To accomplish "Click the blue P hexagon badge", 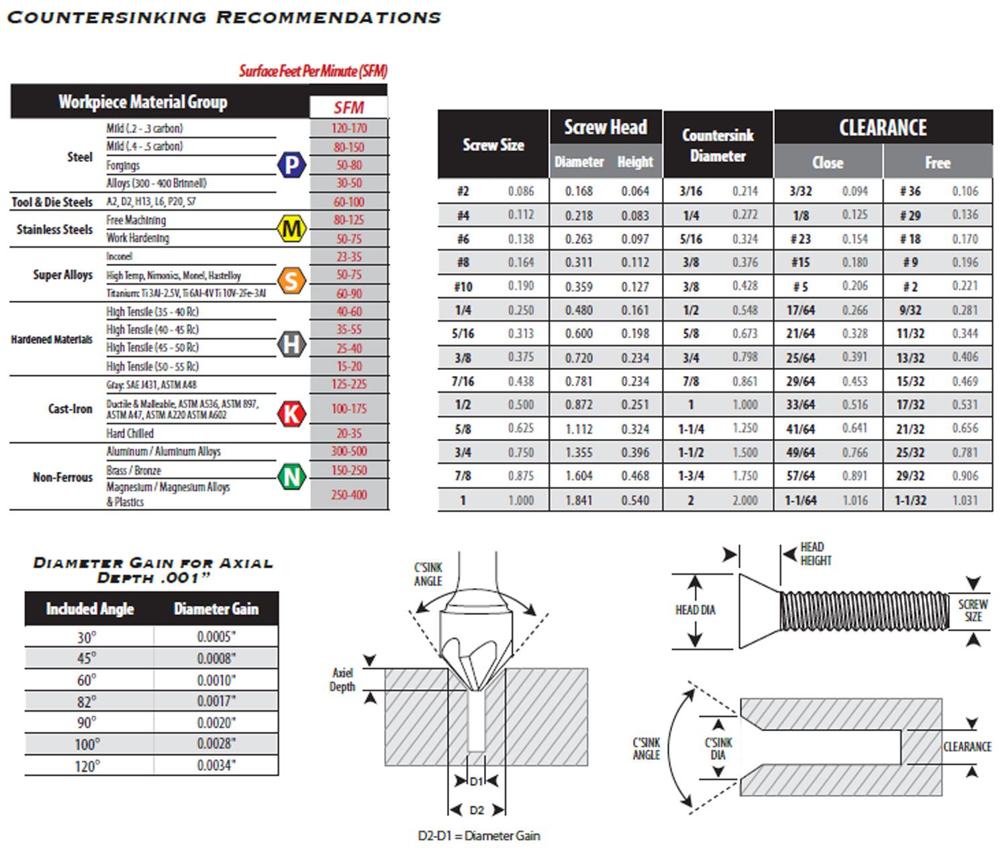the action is [291, 164].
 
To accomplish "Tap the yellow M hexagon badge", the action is [291, 229].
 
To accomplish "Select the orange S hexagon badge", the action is [291, 281].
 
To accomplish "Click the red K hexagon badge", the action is [291, 414].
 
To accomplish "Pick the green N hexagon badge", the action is [291, 477].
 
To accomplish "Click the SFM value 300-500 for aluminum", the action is [349, 451].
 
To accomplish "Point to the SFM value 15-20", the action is [349, 366].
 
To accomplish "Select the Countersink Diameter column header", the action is [718, 145].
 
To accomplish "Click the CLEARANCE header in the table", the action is [883, 128].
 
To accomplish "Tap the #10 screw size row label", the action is [463, 287].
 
